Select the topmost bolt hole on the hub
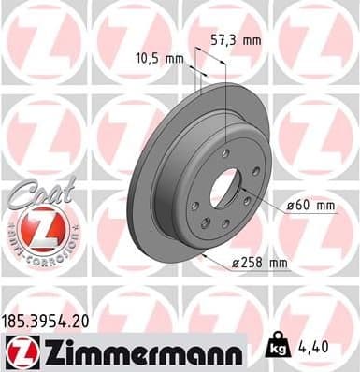click(x=224, y=154)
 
